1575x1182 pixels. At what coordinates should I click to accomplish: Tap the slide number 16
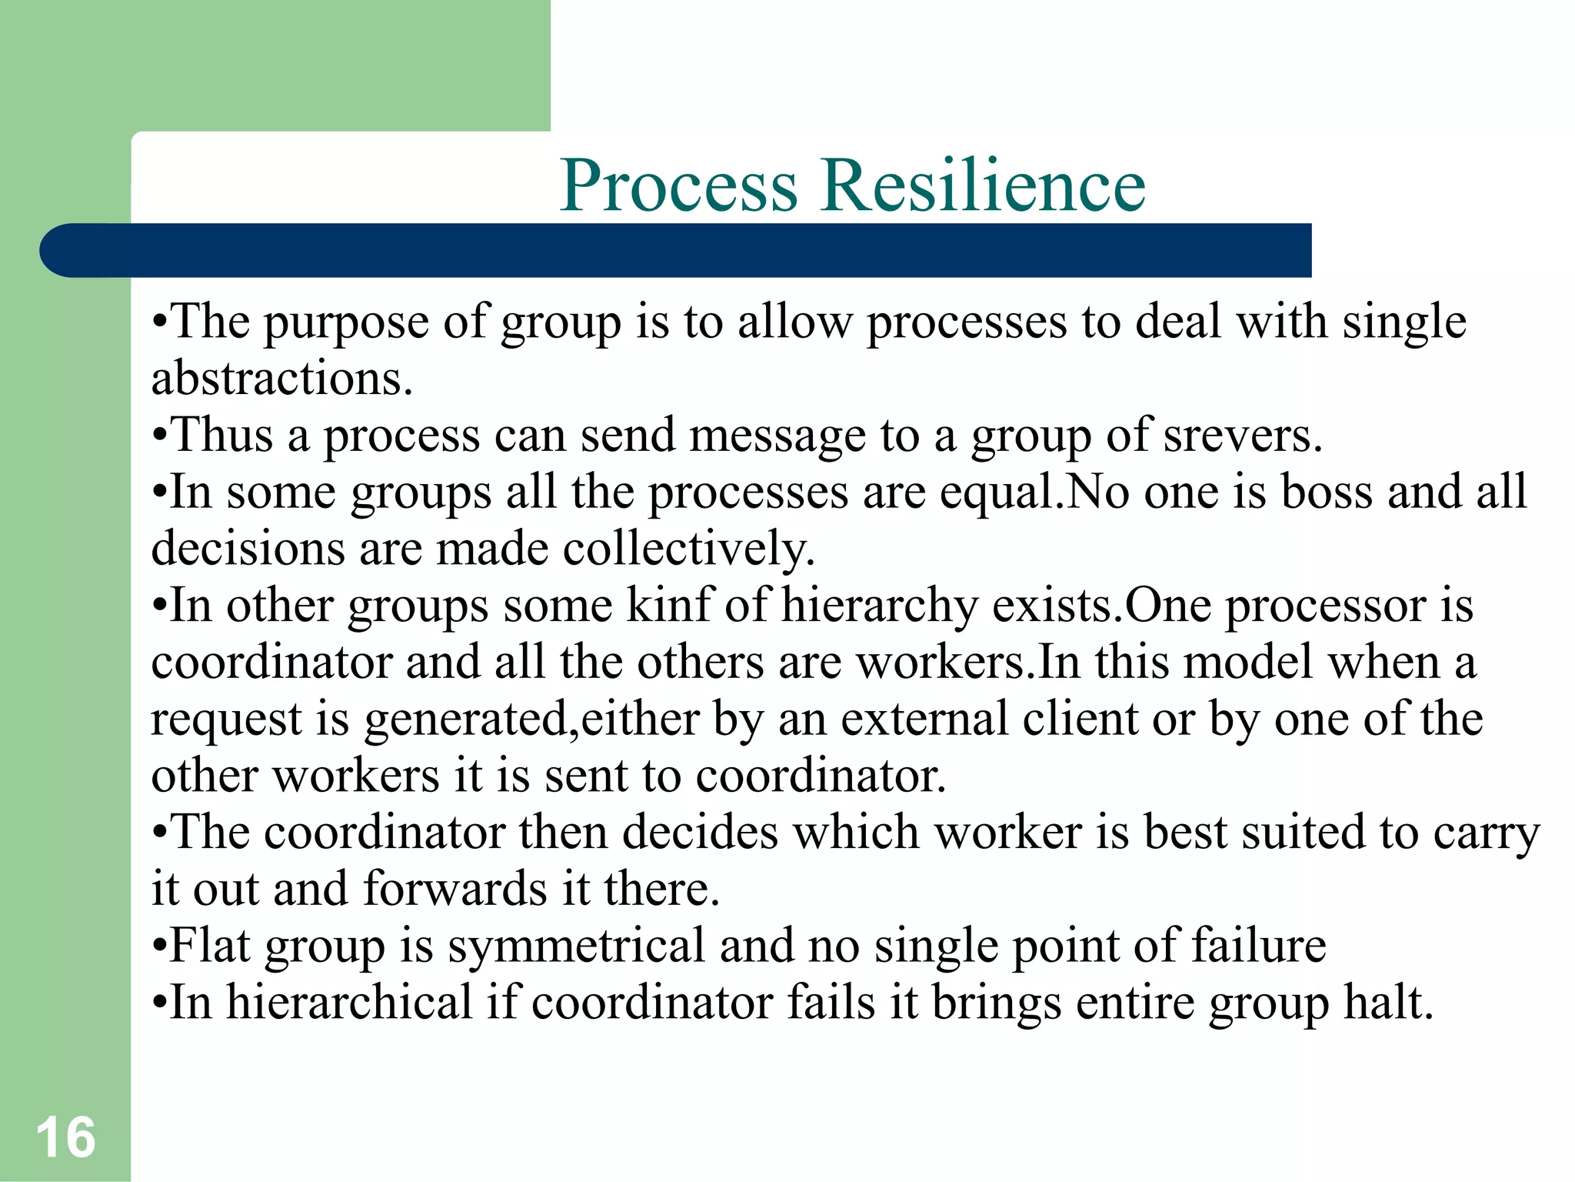[x=65, y=1137]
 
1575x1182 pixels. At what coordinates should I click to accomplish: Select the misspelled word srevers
[x=1243, y=436]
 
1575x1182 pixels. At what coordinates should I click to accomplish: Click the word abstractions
[x=281, y=379]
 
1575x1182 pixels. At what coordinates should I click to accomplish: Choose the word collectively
[x=688, y=549]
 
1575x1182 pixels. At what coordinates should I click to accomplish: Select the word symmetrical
[x=576, y=947]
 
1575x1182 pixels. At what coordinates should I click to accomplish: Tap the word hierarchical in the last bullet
[x=349, y=1003]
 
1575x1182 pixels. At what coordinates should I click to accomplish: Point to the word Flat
[x=209, y=945]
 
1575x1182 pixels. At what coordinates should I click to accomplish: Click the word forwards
[x=455, y=889]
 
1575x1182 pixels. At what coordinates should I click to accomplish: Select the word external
[x=924, y=720]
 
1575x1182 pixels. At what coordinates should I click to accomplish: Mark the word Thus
[x=223, y=436]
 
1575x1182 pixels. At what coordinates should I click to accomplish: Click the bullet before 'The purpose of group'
[x=158, y=323]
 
